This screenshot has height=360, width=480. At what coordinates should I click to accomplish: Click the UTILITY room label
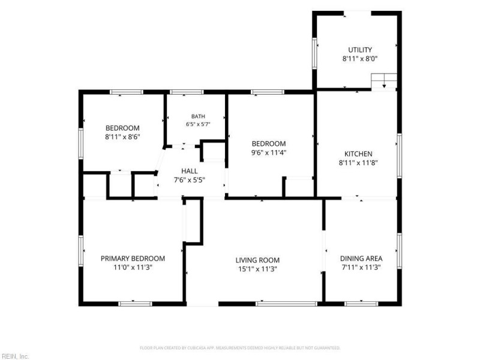point(360,50)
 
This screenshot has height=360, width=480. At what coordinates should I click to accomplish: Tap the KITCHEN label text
point(358,154)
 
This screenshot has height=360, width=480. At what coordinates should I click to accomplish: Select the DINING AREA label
point(361,259)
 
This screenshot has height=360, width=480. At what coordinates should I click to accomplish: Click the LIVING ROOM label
point(257,260)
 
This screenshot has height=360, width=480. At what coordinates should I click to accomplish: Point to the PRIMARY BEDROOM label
point(133,259)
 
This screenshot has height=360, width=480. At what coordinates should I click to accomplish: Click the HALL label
point(189,171)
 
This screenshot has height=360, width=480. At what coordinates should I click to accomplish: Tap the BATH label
point(198,116)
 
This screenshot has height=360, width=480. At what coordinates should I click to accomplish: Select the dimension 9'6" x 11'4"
point(268,152)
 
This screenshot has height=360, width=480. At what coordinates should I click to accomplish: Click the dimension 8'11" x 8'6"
point(122,137)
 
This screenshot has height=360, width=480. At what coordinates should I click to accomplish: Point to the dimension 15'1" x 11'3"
point(257,269)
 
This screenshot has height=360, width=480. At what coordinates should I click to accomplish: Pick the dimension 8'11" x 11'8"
point(358,163)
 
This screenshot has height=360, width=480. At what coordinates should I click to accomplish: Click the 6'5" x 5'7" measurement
point(198,124)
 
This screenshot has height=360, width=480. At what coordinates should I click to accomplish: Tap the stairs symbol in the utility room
point(384,82)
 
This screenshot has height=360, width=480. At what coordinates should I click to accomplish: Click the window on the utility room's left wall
point(314,53)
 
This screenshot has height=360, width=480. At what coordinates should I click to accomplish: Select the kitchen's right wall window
point(399,155)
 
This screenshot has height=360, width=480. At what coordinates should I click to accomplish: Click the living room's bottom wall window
point(286,304)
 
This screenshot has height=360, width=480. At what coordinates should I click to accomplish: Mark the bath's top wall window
point(187,92)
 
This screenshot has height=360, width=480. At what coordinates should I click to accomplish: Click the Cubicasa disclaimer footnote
point(240,348)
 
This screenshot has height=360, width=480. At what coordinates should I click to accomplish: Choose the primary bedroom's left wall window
point(81,250)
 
